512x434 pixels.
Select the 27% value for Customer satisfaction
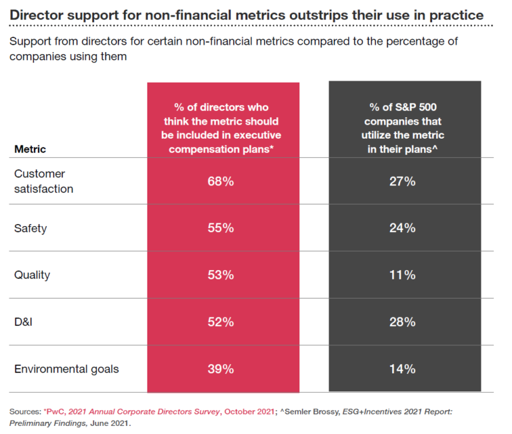[402, 181]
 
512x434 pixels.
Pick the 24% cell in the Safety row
[402, 228]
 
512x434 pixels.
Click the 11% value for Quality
[402, 275]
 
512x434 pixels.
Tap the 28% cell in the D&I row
[402, 322]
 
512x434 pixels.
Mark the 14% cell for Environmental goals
[402, 369]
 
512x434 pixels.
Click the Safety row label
[31, 228]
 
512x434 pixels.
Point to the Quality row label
[32, 275]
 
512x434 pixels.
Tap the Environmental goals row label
[67, 369]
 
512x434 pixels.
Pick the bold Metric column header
[30, 149]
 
